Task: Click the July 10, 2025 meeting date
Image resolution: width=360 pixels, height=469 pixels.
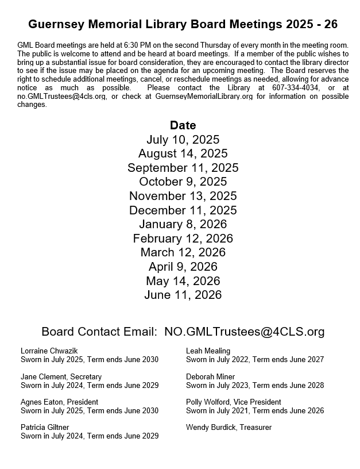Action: click(x=183, y=140)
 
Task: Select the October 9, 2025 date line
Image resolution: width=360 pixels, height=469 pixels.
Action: click(x=183, y=182)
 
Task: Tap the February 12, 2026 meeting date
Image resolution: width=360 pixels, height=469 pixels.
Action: click(x=183, y=238)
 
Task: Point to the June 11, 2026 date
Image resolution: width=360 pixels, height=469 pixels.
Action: click(x=183, y=295)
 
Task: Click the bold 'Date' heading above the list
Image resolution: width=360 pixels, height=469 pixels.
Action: click(x=183, y=125)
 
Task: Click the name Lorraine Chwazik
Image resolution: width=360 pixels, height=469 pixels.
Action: click(x=49, y=351)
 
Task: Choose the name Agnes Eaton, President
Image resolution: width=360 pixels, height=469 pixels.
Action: click(x=59, y=402)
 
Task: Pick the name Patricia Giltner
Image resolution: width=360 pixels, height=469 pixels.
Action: click(x=45, y=427)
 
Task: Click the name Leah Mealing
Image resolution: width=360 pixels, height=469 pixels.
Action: click(x=208, y=351)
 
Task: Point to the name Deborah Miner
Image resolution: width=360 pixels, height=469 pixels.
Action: click(x=211, y=376)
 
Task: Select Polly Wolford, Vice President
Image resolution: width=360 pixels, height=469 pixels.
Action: click(x=233, y=402)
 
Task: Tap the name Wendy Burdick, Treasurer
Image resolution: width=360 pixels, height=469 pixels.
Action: click(x=229, y=427)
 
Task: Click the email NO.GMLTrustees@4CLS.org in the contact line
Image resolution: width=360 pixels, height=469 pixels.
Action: click(x=244, y=332)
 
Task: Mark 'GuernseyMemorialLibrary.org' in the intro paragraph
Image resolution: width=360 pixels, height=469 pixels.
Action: click(x=204, y=97)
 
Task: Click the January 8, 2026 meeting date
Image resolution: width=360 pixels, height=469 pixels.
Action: click(x=183, y=224)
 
